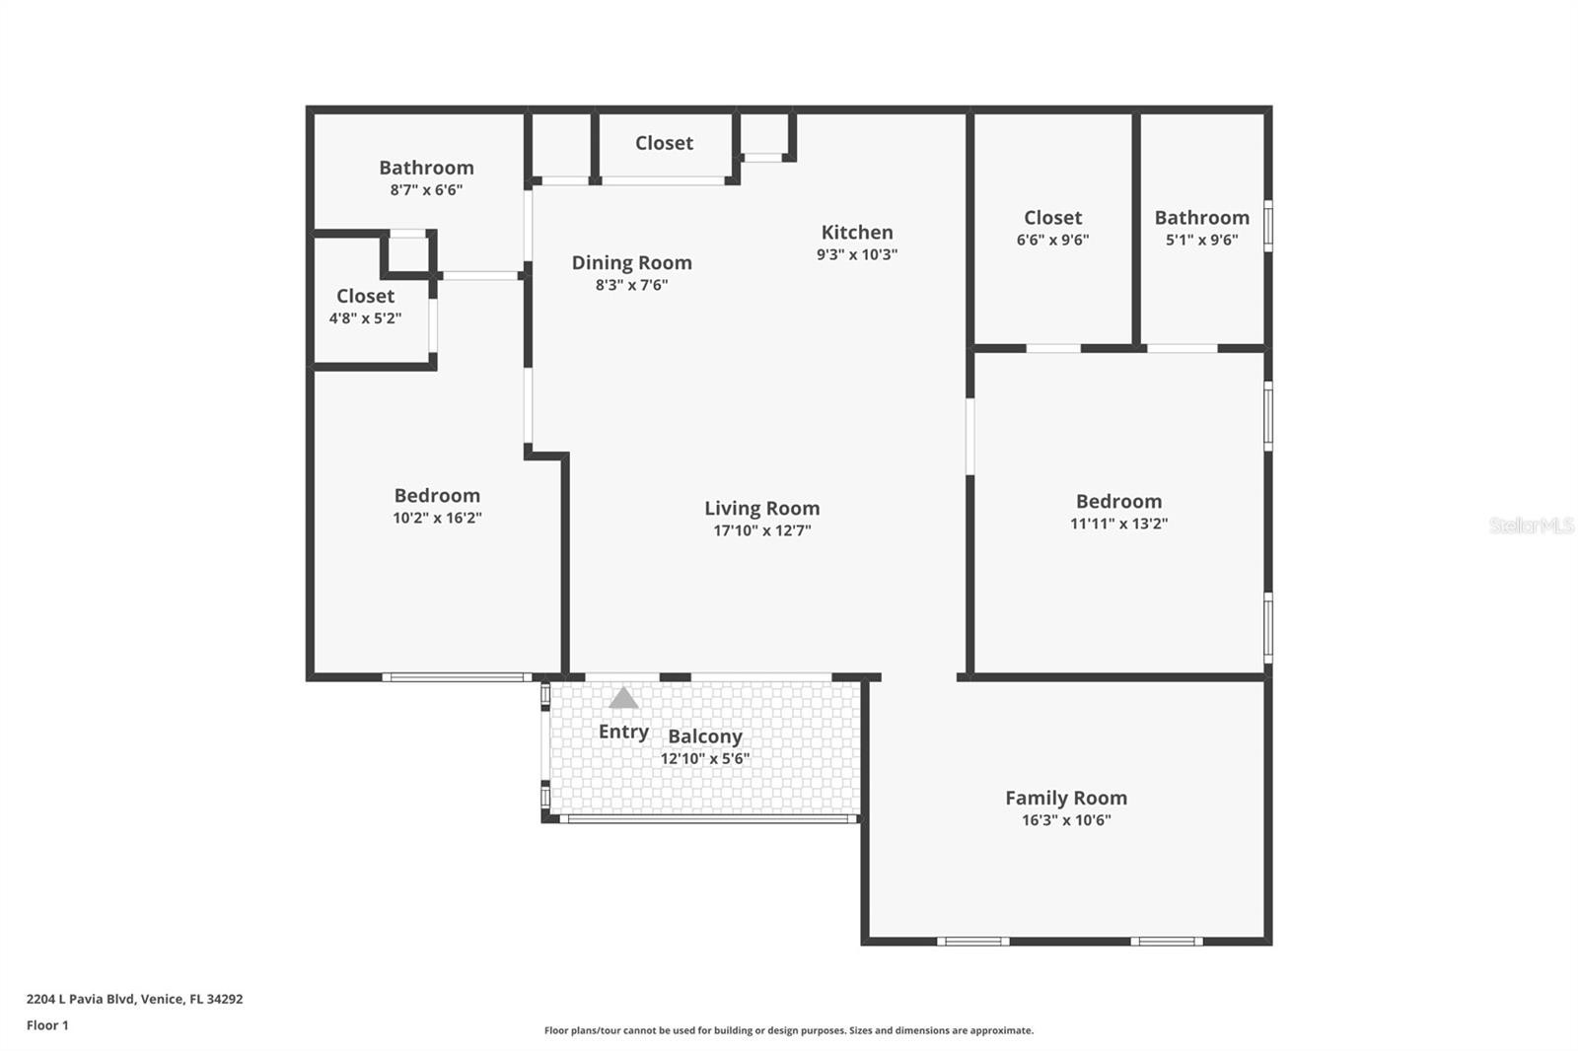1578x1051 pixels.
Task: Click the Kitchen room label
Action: pos(857,233)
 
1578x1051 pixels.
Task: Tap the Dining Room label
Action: pos(631,263)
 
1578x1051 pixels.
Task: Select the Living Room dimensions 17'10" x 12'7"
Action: pos(761,530)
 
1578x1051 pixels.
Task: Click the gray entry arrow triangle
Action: pos(623,698)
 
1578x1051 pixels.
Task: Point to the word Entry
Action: pos(623,733)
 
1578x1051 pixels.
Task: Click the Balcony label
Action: pos(704,736)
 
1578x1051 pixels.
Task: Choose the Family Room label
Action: pos(1066,799)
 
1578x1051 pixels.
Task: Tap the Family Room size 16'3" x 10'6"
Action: pos(1066,820)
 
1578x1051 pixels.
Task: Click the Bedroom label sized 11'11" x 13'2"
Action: pos(1118,502)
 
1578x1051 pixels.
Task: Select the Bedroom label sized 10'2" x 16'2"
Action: pos(437,496)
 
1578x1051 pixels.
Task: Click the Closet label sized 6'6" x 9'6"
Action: pos(1052,218)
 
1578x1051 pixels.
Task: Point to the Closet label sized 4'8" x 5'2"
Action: pos(365,296)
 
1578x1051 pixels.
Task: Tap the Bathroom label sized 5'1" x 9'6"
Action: pos(1202,218)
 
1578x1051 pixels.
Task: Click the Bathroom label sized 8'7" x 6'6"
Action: pos(426,168)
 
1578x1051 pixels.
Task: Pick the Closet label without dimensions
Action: pos(664,143)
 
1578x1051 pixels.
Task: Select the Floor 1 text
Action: pos(47,1025)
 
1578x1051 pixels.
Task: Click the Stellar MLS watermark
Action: pos(1532,525)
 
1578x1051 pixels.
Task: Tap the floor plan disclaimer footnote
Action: pos(788,1030)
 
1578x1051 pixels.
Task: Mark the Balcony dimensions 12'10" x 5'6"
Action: pos(704,758)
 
